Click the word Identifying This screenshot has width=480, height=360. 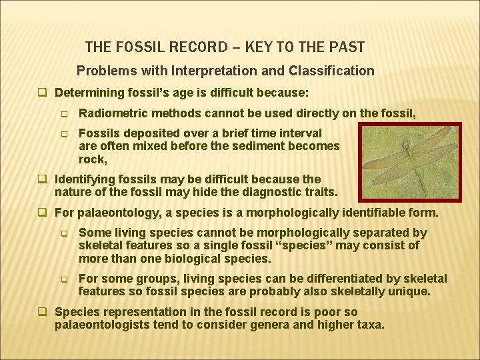coord(83,179)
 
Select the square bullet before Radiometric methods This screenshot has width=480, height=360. coord(65,114)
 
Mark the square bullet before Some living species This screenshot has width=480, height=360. coord(65,233)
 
